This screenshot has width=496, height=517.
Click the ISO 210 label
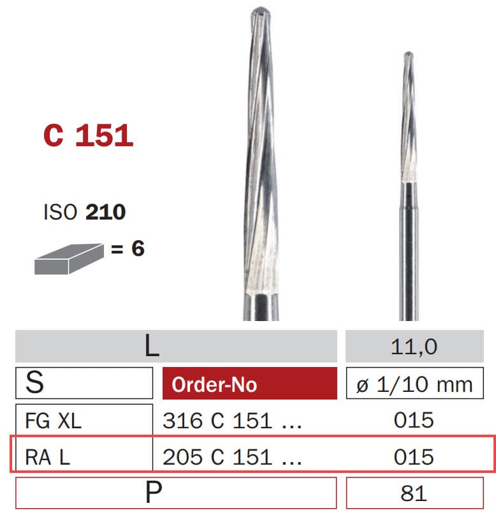84,212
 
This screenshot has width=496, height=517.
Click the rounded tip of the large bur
260,13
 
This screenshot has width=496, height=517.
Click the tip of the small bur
409,56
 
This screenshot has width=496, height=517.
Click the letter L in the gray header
151,347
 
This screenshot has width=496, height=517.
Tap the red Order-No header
214,384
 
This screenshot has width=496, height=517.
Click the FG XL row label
54,420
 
